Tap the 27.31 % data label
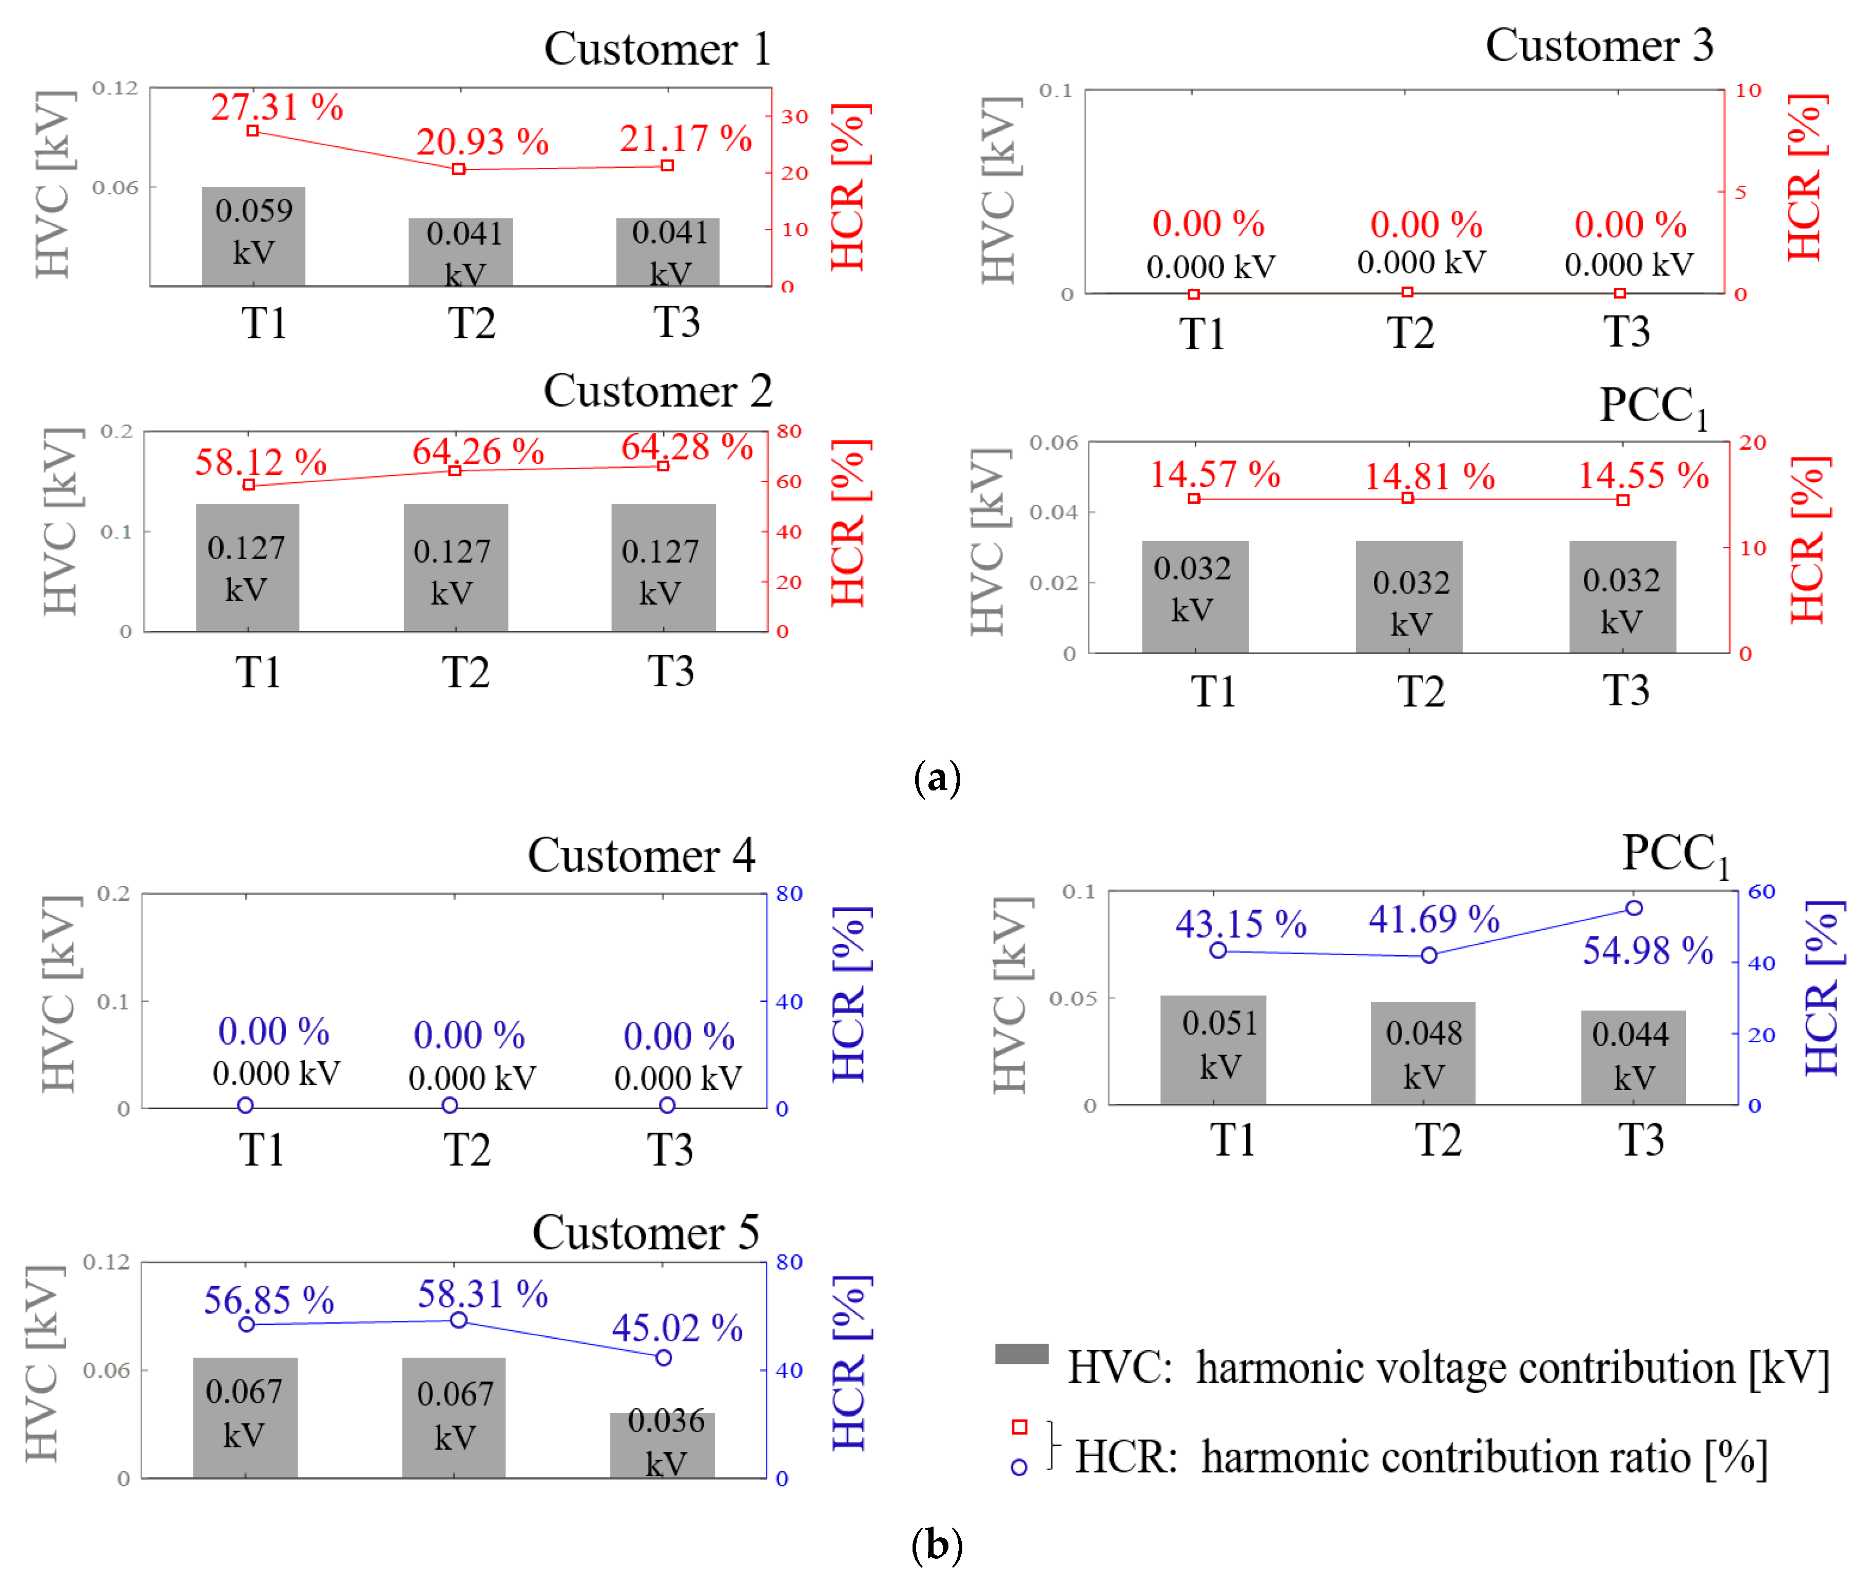coord(277,108)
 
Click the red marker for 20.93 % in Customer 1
coord(458,169)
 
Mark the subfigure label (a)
coord(936,777)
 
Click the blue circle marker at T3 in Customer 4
coord(667,1105)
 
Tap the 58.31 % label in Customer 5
coord(482,1295)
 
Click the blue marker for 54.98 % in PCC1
coord(1633,908)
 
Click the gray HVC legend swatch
coord(1021,1353)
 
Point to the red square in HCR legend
coord(1019,1427)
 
